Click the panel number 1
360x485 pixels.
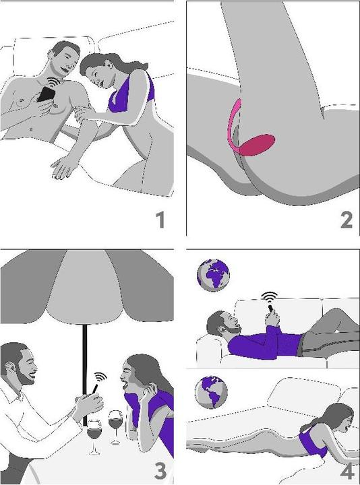(160, 220)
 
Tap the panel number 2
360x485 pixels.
(347, 220)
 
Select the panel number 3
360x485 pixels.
(160, 471)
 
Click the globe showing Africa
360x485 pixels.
(213, 275)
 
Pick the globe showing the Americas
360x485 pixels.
(212, 392)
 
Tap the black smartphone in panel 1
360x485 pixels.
(46, 94)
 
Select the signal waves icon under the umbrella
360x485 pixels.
(101, 377)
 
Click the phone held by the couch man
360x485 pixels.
(270, 309)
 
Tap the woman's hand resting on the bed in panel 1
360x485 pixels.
(63, 167)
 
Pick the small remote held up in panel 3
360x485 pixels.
(95, 389)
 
